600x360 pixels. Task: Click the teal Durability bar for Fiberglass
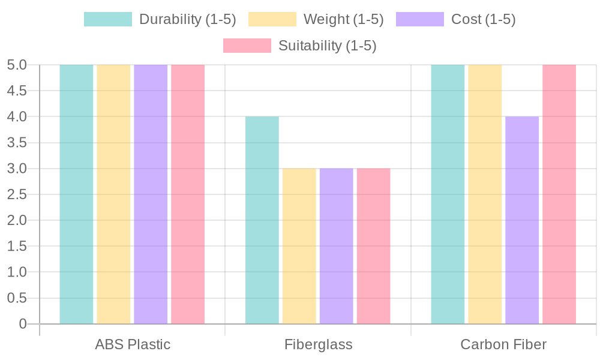coord(262,220)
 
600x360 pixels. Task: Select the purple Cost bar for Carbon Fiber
coord(522,220)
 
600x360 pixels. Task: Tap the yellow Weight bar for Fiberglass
coord(299,246)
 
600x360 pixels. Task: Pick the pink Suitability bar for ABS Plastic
coord(188,194)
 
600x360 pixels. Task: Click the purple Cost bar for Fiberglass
coord(336,246)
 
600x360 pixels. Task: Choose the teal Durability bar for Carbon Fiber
coord(448,194)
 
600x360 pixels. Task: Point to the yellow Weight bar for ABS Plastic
coord(113,194)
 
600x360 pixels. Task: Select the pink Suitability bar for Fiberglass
coord(373,246)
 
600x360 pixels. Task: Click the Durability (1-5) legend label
coord(187,19)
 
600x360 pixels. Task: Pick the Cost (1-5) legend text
coord(483,19)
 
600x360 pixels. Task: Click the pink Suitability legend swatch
coord(247,46)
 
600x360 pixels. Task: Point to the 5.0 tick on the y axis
coord(16,65)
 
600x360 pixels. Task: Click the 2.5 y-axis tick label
coord(16,194)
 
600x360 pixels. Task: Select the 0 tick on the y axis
coord(23,324)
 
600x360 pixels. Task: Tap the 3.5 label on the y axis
coord(16,143)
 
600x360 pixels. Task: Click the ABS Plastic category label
coord(133,345)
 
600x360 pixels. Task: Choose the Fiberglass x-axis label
coord(318,345)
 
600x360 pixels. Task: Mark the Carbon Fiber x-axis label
coord(503,345)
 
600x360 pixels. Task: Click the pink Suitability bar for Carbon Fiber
coord(559,194)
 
